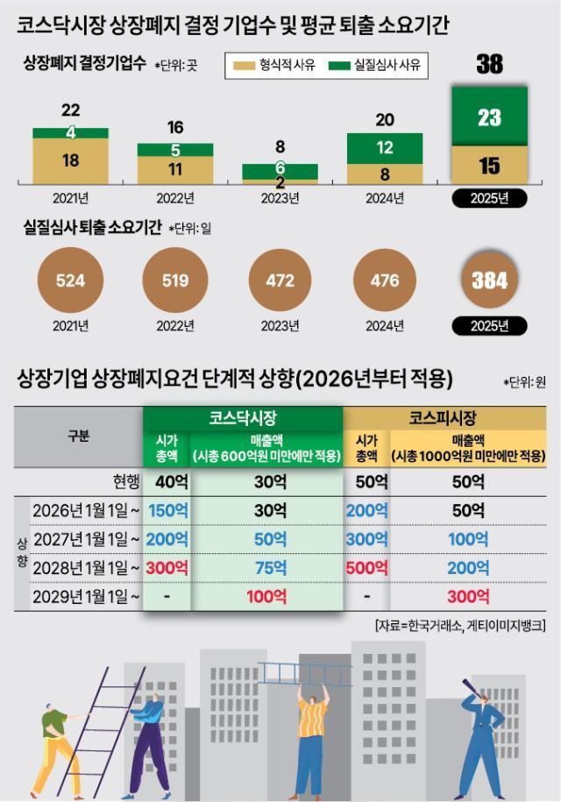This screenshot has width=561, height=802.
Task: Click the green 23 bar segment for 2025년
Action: click(489, 117)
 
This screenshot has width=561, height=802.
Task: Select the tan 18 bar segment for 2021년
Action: click(70, 160)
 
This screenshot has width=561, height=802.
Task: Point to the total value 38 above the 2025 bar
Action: click(489, 64)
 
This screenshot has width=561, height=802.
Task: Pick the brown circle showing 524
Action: click(70, 281)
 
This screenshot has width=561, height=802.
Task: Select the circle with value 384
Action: click(489, 281)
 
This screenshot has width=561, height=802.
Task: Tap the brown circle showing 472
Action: click(280, 281)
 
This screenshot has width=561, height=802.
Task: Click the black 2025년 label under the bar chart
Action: click(489, 198)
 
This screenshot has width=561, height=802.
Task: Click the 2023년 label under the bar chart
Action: click(280, 198)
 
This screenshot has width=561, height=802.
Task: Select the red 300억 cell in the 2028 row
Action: click(167, 567)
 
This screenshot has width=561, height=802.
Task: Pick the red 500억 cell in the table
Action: click(366, 567)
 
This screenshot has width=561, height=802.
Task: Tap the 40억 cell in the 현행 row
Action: click(167, 481)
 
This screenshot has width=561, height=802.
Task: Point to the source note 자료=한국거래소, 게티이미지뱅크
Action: click(459, 625)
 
